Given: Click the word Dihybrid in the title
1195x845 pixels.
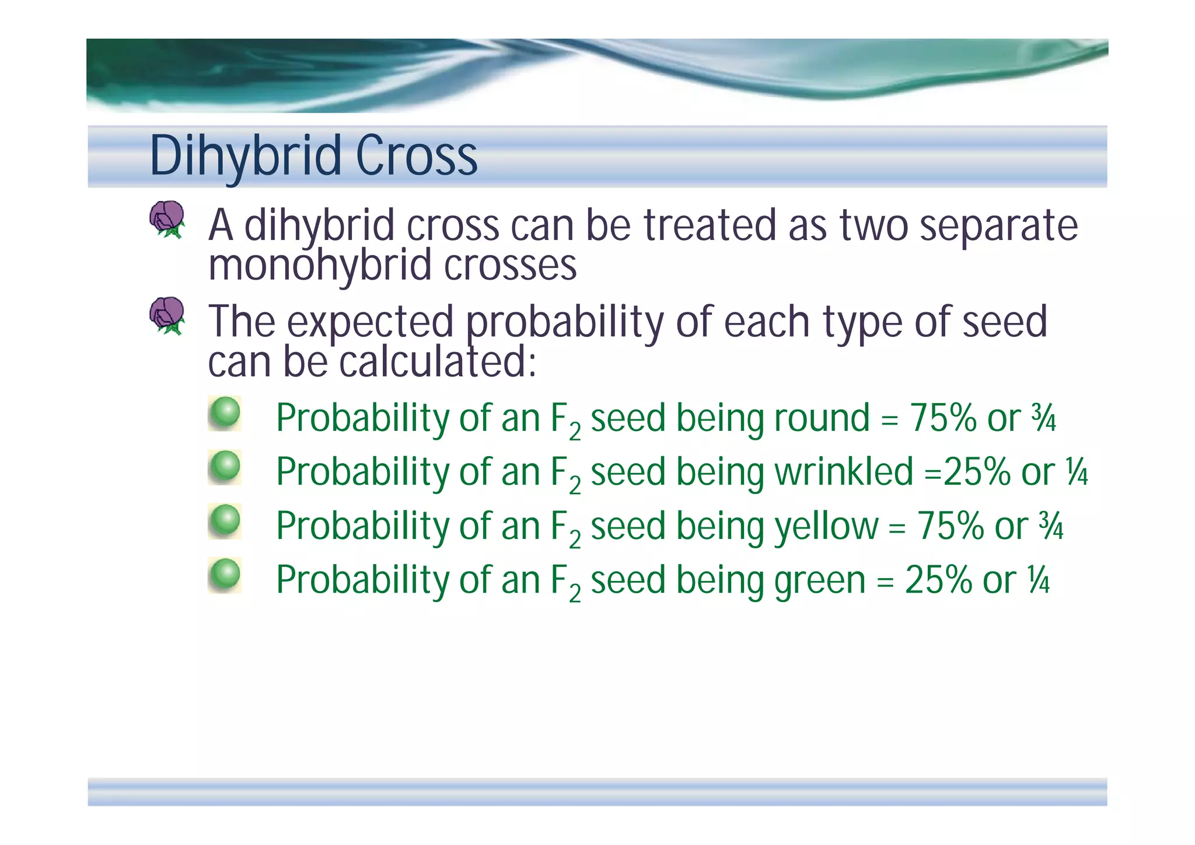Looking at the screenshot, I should (246, 156).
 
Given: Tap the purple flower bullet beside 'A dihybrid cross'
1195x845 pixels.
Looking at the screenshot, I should (167, 220).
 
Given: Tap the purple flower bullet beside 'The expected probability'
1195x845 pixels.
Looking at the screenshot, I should (167, 315).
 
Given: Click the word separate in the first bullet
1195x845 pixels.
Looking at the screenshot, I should (998, 226).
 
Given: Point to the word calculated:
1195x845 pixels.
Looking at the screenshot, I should (438, 362).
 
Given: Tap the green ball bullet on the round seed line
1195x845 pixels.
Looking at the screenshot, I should (225, 413).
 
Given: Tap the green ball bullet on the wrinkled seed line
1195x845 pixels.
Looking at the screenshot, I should (225, 467).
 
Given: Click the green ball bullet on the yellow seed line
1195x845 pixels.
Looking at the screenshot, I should (225, 521).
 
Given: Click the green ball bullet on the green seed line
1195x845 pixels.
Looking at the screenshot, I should (225, 575).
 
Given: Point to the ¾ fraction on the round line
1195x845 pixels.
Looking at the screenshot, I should (1043, 419).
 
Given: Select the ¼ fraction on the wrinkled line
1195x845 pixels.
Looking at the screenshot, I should (1076, 472).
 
